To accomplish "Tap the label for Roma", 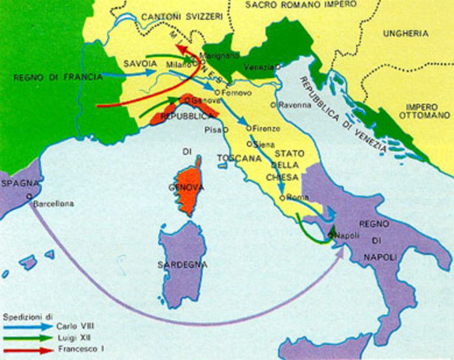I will [294, 197].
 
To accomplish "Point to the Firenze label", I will [266, 127].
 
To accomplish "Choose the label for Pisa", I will [213, 129].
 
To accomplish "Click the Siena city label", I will [263, 142].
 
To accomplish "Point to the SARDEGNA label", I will [181, 265].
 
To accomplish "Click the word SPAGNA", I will [19, 183].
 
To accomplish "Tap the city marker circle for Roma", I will [282, 197].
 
